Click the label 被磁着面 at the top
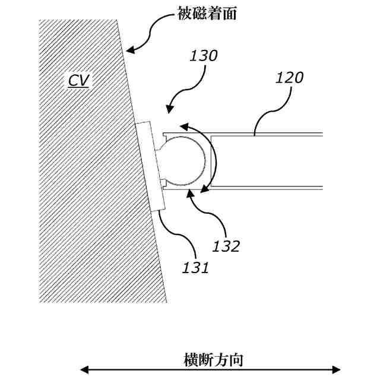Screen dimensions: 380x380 pos(207,14)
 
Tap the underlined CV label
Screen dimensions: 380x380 pos(78,80)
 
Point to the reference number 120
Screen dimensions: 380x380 pos(290,77)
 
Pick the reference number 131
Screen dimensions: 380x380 pos(196,267)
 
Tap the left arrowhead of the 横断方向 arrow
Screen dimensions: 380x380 pos(84,369)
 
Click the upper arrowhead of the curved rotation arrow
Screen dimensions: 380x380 pos(182,126)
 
